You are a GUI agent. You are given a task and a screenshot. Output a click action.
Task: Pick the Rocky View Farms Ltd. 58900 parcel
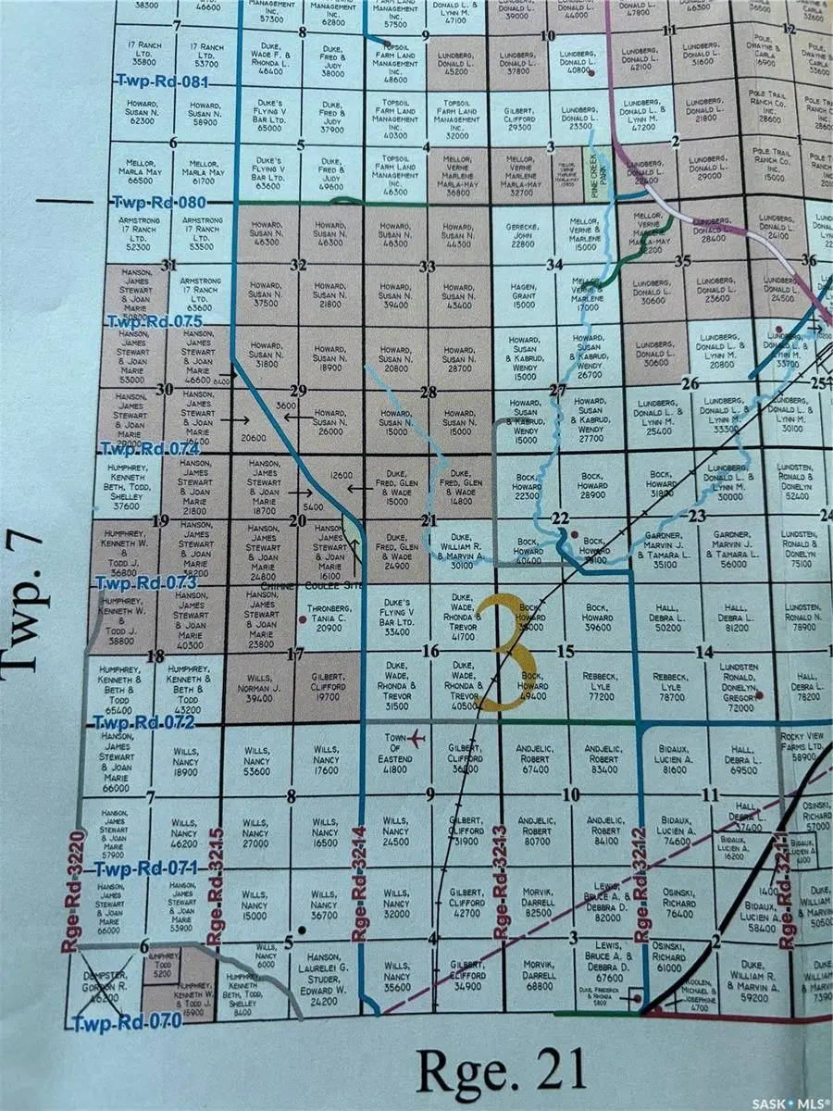(x=802, y=749)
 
